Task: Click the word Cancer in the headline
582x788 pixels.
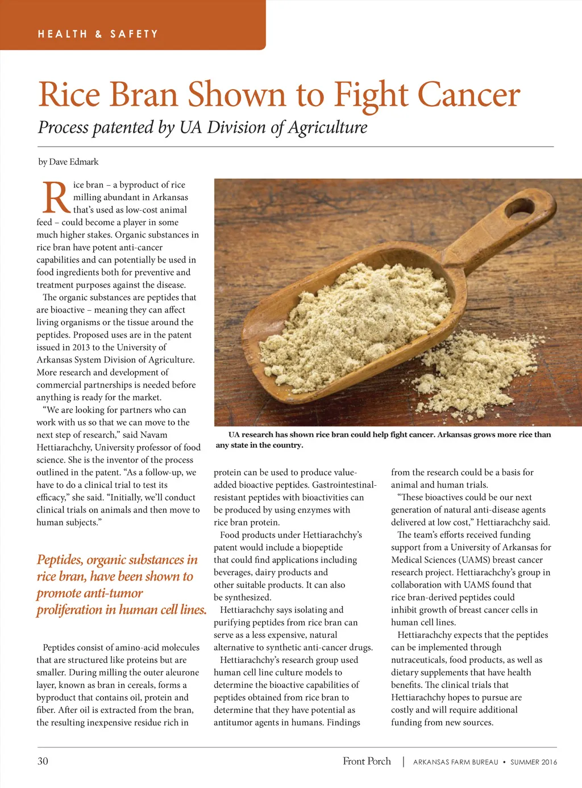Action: (x=469, y=95)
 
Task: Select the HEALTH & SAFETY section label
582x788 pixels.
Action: (x=98, y=34)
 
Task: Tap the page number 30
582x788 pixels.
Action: (x=43, y=761)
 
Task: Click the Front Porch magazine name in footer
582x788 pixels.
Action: (x=367, y=761)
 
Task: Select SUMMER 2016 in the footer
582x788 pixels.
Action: (x=534, y=762)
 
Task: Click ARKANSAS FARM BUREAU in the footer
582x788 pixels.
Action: (x=455, y=762)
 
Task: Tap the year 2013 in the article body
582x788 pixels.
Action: (x=81, y=347)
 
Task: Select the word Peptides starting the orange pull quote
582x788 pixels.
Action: (x=60, y=560)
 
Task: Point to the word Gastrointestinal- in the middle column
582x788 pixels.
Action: (x=344, y=485)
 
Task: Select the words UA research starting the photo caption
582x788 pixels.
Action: (x=250, y=435)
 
